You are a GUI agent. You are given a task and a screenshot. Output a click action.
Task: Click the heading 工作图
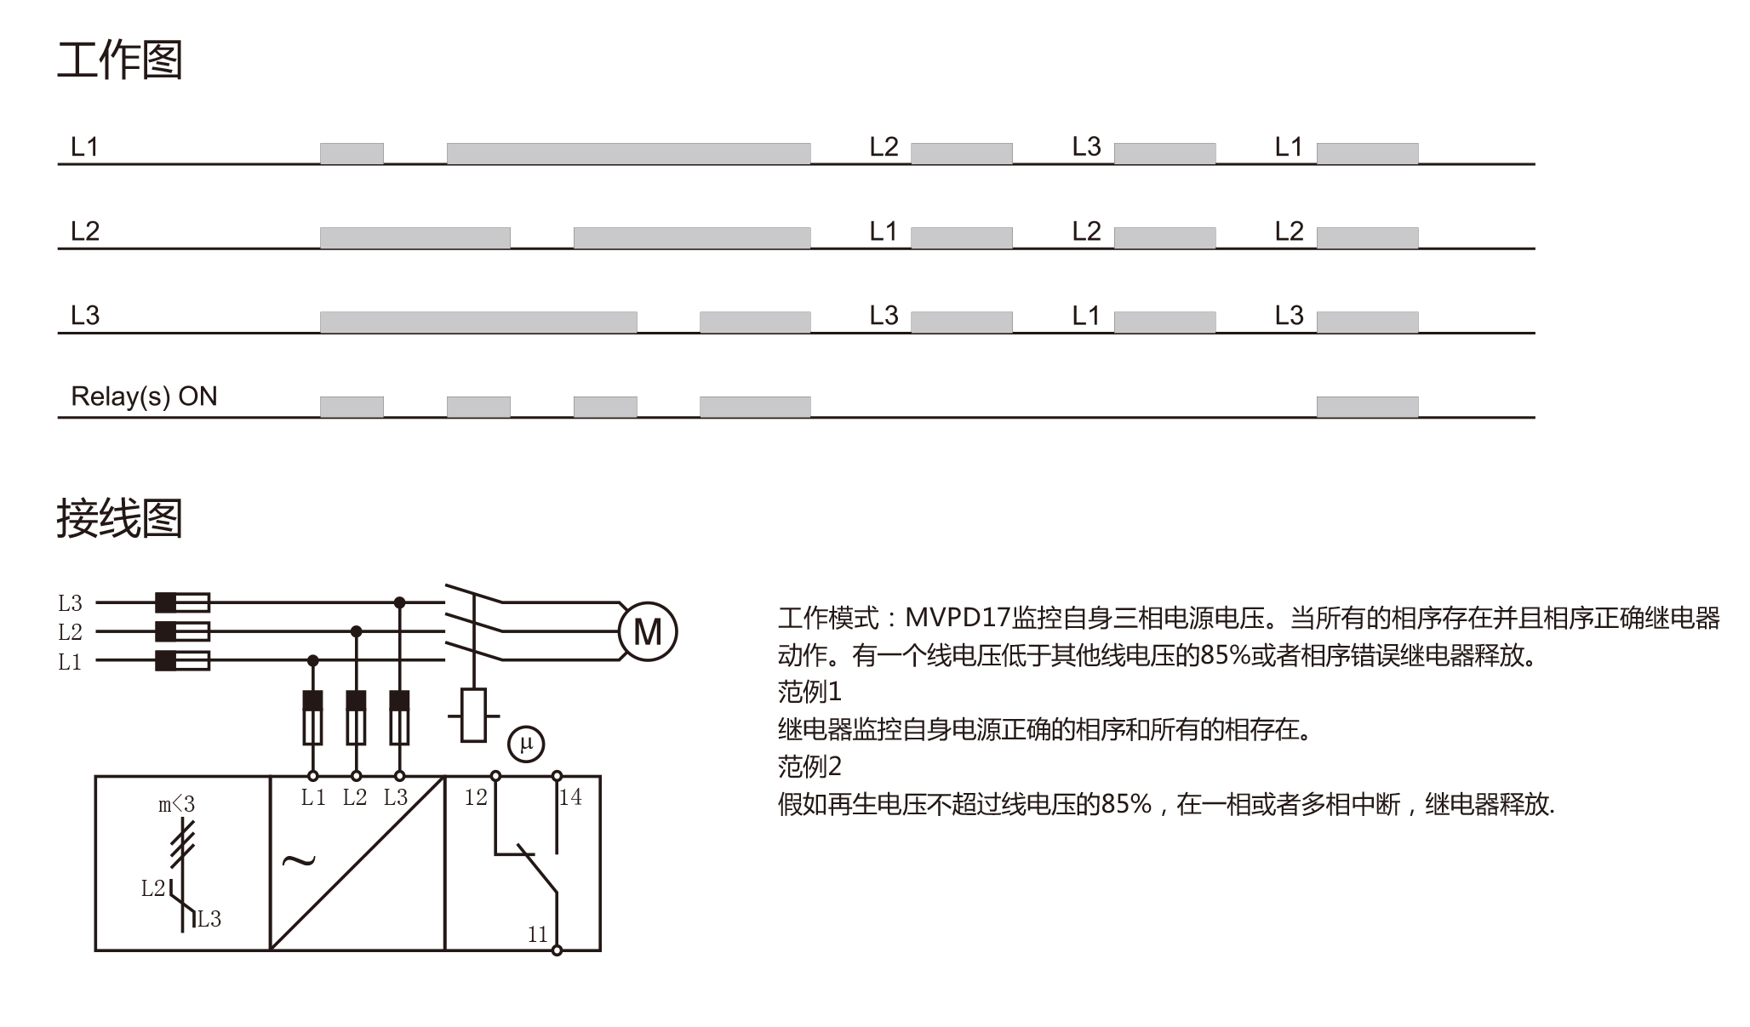click(x=120, y=60)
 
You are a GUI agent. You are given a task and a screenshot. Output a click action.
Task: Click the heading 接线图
click(x=120, y=518)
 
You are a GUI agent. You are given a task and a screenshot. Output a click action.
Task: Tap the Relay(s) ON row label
click(x=144, y=397)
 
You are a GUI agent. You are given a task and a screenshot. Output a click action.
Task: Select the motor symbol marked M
click(x=647, y=631)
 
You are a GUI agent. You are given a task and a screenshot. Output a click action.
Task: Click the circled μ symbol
click(x=526, y=744)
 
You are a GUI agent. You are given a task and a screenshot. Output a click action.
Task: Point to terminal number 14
click(x=570, y=797)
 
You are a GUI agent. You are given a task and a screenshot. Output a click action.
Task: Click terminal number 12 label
click(x=476, y=797)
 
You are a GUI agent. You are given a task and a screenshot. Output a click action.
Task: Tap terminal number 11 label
click(x=537, y=935)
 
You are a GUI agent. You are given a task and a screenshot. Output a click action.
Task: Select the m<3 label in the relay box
click(x=176, y=804)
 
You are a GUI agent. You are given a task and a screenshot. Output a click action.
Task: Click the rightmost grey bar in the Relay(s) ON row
click(x=1367, y=407)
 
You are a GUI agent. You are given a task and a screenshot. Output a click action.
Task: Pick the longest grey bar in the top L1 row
click(x=628, y=153)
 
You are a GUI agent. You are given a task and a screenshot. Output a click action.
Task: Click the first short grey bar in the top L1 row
click(x=352, y=153)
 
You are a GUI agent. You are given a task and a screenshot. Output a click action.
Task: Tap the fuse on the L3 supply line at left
click(x=182, y=602)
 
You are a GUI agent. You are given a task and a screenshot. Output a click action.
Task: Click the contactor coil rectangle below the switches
click(x=473, y=715)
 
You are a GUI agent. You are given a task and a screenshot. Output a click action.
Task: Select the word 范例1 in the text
click(x=809, y=692)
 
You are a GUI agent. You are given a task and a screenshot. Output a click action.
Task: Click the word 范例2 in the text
click(x=809, y=767)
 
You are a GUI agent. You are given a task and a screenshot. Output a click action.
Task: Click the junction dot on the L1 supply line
click(x=312, y=660)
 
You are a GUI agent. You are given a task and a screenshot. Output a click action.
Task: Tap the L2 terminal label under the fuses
click(x=355, y=797)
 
